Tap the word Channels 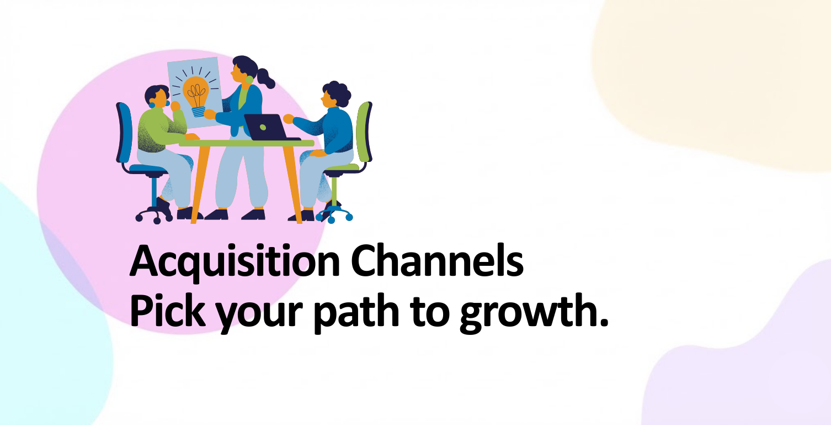(x=437, y=260)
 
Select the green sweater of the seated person (x=160, y=129)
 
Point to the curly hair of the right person (x=337, y=92)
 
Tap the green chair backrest (x=364, y=132)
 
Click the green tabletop (x=247, y=143)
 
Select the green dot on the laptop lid (x=263, y=128)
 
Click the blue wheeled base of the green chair (x=333, y=214)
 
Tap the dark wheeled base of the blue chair (x=155, y=215)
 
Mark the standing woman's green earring (x=249, y=80)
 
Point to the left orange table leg (x=200, y=185)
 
